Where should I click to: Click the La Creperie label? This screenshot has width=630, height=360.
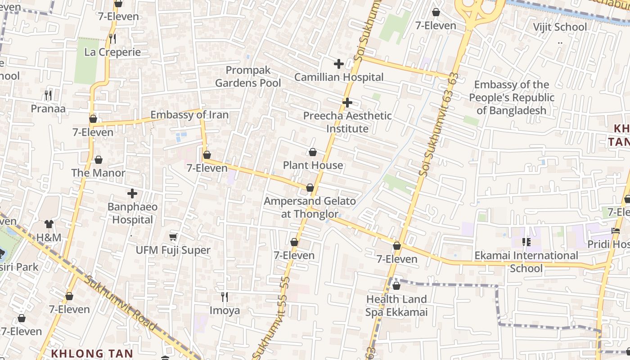(x=112, y=52)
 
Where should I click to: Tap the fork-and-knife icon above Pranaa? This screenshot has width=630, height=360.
(x=48, y=95)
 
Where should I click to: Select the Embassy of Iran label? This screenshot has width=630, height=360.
(x=189, y=115)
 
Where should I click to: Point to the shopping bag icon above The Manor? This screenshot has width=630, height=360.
(x=99, y=160)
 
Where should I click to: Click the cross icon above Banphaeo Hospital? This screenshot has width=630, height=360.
(x=132, y=193)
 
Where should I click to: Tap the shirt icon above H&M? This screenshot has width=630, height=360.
(x=49, y=224)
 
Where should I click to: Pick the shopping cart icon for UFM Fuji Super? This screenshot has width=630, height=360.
(x=173, y=237)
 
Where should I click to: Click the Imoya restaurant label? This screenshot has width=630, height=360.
(x=225, y=310)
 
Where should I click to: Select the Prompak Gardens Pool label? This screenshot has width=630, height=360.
(x=248, y=76)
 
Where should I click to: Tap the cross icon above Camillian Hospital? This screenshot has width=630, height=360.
(x=338, y=64)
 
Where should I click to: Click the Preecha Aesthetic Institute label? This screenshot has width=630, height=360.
(x=347, y=122)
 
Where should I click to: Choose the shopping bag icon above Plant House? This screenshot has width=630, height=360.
(x=313, y=152)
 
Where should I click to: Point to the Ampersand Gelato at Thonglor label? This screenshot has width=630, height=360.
(x=310, y=207)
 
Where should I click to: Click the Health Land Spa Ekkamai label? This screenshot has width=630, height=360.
(x=396, y=306)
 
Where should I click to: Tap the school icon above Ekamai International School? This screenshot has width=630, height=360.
(x=526, y=242)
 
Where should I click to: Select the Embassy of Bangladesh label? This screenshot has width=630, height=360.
(x=512, y=98)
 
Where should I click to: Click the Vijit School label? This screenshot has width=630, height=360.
(x=560, y=27)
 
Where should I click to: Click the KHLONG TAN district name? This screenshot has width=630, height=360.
(x=92, y=353)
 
